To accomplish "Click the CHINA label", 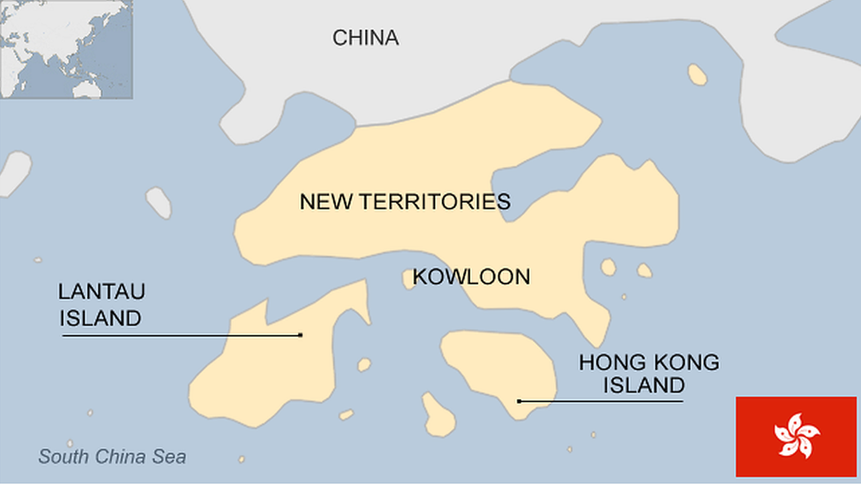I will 365,38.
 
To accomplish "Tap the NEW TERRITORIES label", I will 405,202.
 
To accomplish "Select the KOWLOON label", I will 472,277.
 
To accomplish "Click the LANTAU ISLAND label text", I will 101,305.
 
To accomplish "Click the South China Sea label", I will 112,457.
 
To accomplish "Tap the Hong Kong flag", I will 797,436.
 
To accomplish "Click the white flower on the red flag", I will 797,436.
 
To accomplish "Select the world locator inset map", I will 66,48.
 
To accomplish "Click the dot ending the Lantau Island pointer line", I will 301,335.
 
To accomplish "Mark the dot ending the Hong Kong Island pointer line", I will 520,401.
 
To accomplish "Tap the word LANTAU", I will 101,292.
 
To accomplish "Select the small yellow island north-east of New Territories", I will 697,75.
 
